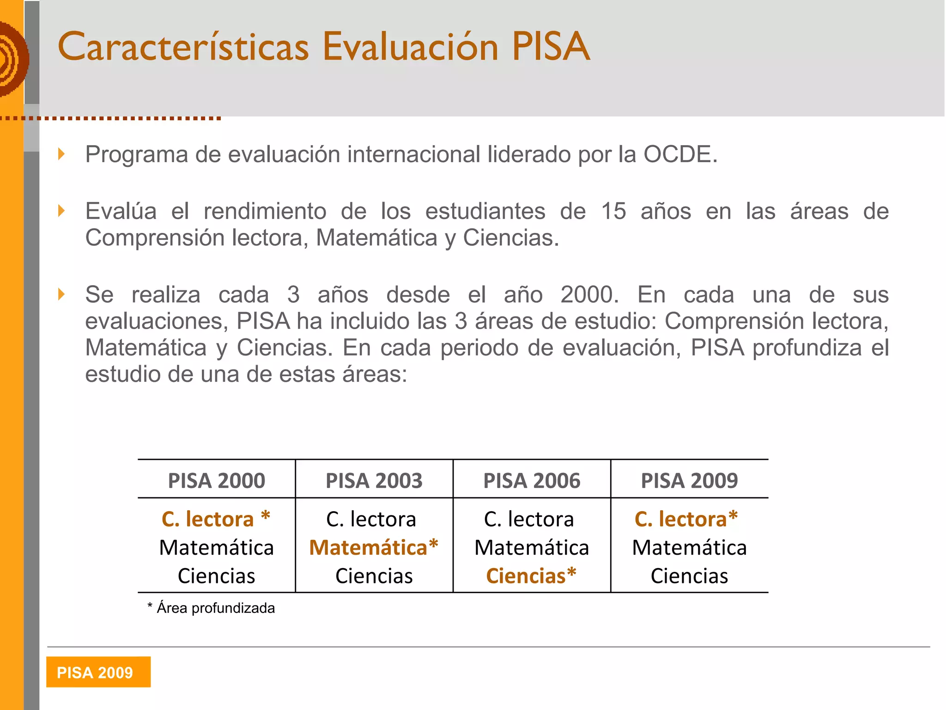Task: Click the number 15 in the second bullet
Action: coord(613,211)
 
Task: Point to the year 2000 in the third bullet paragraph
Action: coord(589,295)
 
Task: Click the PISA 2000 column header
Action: coord(216,480)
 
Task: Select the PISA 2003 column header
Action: coord(374,480)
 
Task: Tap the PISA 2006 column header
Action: coord(532,480)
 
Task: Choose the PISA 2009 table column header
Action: coord(689,480)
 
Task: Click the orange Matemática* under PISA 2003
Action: coord(374,547)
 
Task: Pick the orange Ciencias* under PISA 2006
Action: coord(531,576)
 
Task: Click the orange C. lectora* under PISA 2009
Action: coord(686,519)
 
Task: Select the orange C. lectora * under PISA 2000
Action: coord(216,519)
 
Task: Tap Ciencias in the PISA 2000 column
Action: coord(216,576)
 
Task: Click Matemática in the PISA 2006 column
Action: coord(532,548)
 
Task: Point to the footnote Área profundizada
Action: coord(215,608)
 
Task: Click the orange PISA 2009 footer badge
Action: coord(98,672)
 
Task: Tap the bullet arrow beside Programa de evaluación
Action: coord(61,154)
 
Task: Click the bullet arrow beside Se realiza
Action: coord(61,294)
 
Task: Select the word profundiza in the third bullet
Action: coord(807,348)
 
